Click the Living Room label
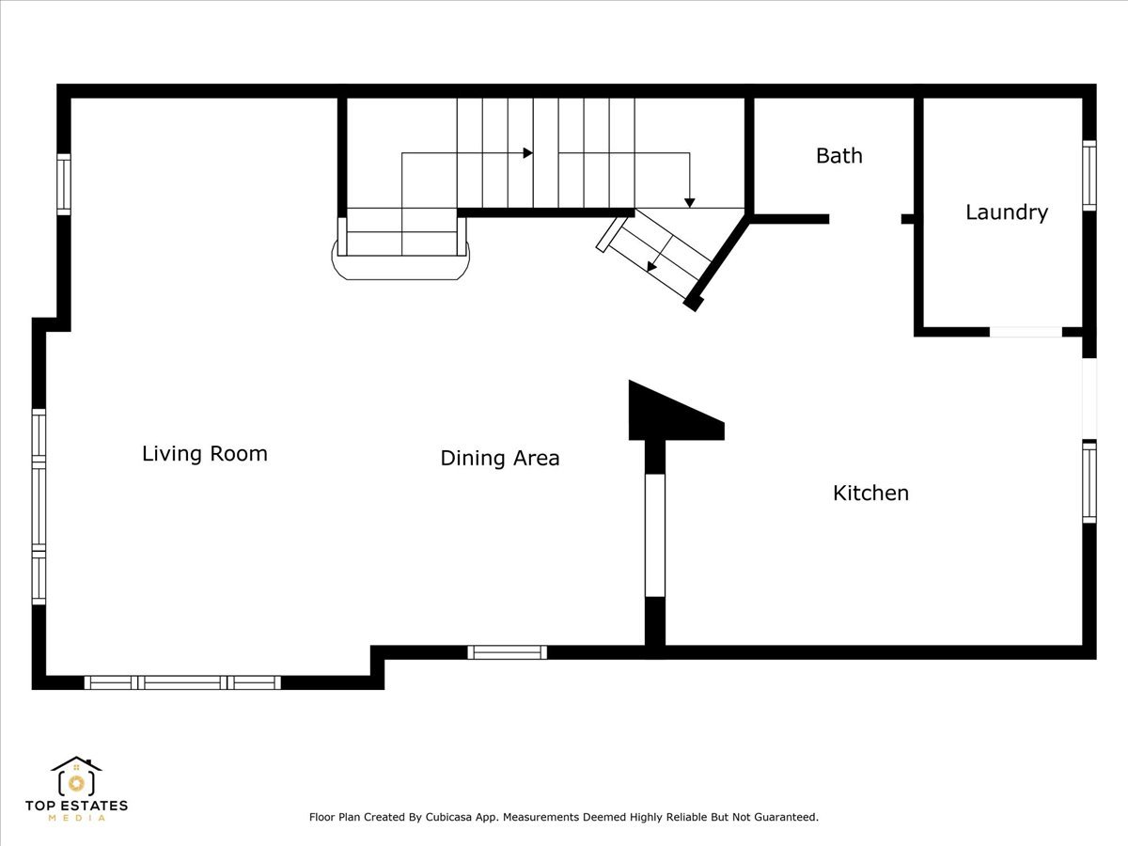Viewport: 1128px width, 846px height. click(205, 454)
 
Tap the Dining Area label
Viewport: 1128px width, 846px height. click(500, 458)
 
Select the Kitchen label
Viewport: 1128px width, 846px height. click(870, 493)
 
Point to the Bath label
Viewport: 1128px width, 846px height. click(839, 156)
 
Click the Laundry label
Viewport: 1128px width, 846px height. click(1007, 212)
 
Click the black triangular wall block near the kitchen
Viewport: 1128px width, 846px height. click(668, 414)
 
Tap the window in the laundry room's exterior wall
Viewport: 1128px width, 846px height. click(1089, 175)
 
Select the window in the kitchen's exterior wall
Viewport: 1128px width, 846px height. click(1089, 482)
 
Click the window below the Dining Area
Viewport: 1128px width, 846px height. click(508, 652)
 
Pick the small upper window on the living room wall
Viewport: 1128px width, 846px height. click(64, 184)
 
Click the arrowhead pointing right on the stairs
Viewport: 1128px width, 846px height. click(527, 153)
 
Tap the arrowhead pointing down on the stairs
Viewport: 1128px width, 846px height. click(690, 203)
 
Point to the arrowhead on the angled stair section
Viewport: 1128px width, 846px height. click(651, 267)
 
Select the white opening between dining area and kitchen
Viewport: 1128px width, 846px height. click(654, 535)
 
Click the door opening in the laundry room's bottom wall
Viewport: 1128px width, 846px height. click(1026, 332)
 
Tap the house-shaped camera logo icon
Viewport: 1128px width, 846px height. click(76, 776)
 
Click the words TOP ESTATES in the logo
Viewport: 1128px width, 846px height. click(76, 806)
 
